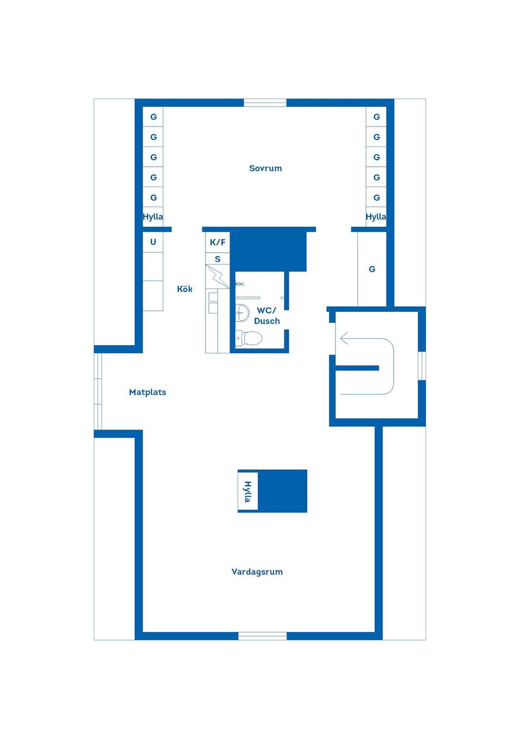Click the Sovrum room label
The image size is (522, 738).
pyautogui.click(x=265, y=168)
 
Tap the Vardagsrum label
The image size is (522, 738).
pyautogui.click(x=257, y=572)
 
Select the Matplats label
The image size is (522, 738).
pyautogui.click(x=147, y=392)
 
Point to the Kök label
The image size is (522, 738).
pyautogui.click(x=185, y=289)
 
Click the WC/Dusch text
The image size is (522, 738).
pyautogui.click(x=267, y=316)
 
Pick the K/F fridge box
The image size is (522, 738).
pyautogui.click(x=217, y=242)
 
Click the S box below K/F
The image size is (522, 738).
pyautogui.click(x=217, y=259)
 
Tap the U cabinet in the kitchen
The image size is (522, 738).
pyautogui.click(x=153, y=242)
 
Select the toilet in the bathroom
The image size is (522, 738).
pyautogui.click(x=250, y=338)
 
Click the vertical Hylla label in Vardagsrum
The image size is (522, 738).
pyautogui.click(x=248, y=491)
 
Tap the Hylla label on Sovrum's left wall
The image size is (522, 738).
pyautogui.click(x=153, y=217)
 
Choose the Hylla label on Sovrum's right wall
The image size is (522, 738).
pyautogui.click(x=376, y=217)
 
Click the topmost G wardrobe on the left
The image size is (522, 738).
pyautogui.click(x=153, y=117)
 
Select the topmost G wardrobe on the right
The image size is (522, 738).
pyautogui.click(x=376, y=117)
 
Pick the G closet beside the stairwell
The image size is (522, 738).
pyautogui.click(x=372, y=269)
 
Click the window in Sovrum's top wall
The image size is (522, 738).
pyautogui.click(x=265, y=103)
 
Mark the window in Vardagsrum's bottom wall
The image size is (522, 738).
pyautogui.click(x=263, y=636)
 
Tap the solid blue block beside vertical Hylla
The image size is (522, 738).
pyautogui.click(x=282, y=491)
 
